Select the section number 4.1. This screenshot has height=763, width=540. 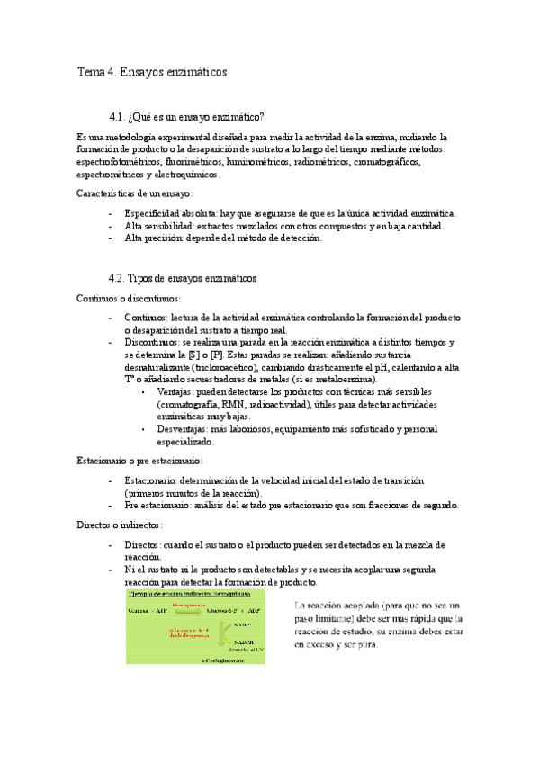tap(117, 117)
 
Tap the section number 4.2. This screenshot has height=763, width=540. tap(117, 278)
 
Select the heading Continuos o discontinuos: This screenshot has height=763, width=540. tap(129, 298)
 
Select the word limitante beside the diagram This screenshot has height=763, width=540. tap(340, 619)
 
